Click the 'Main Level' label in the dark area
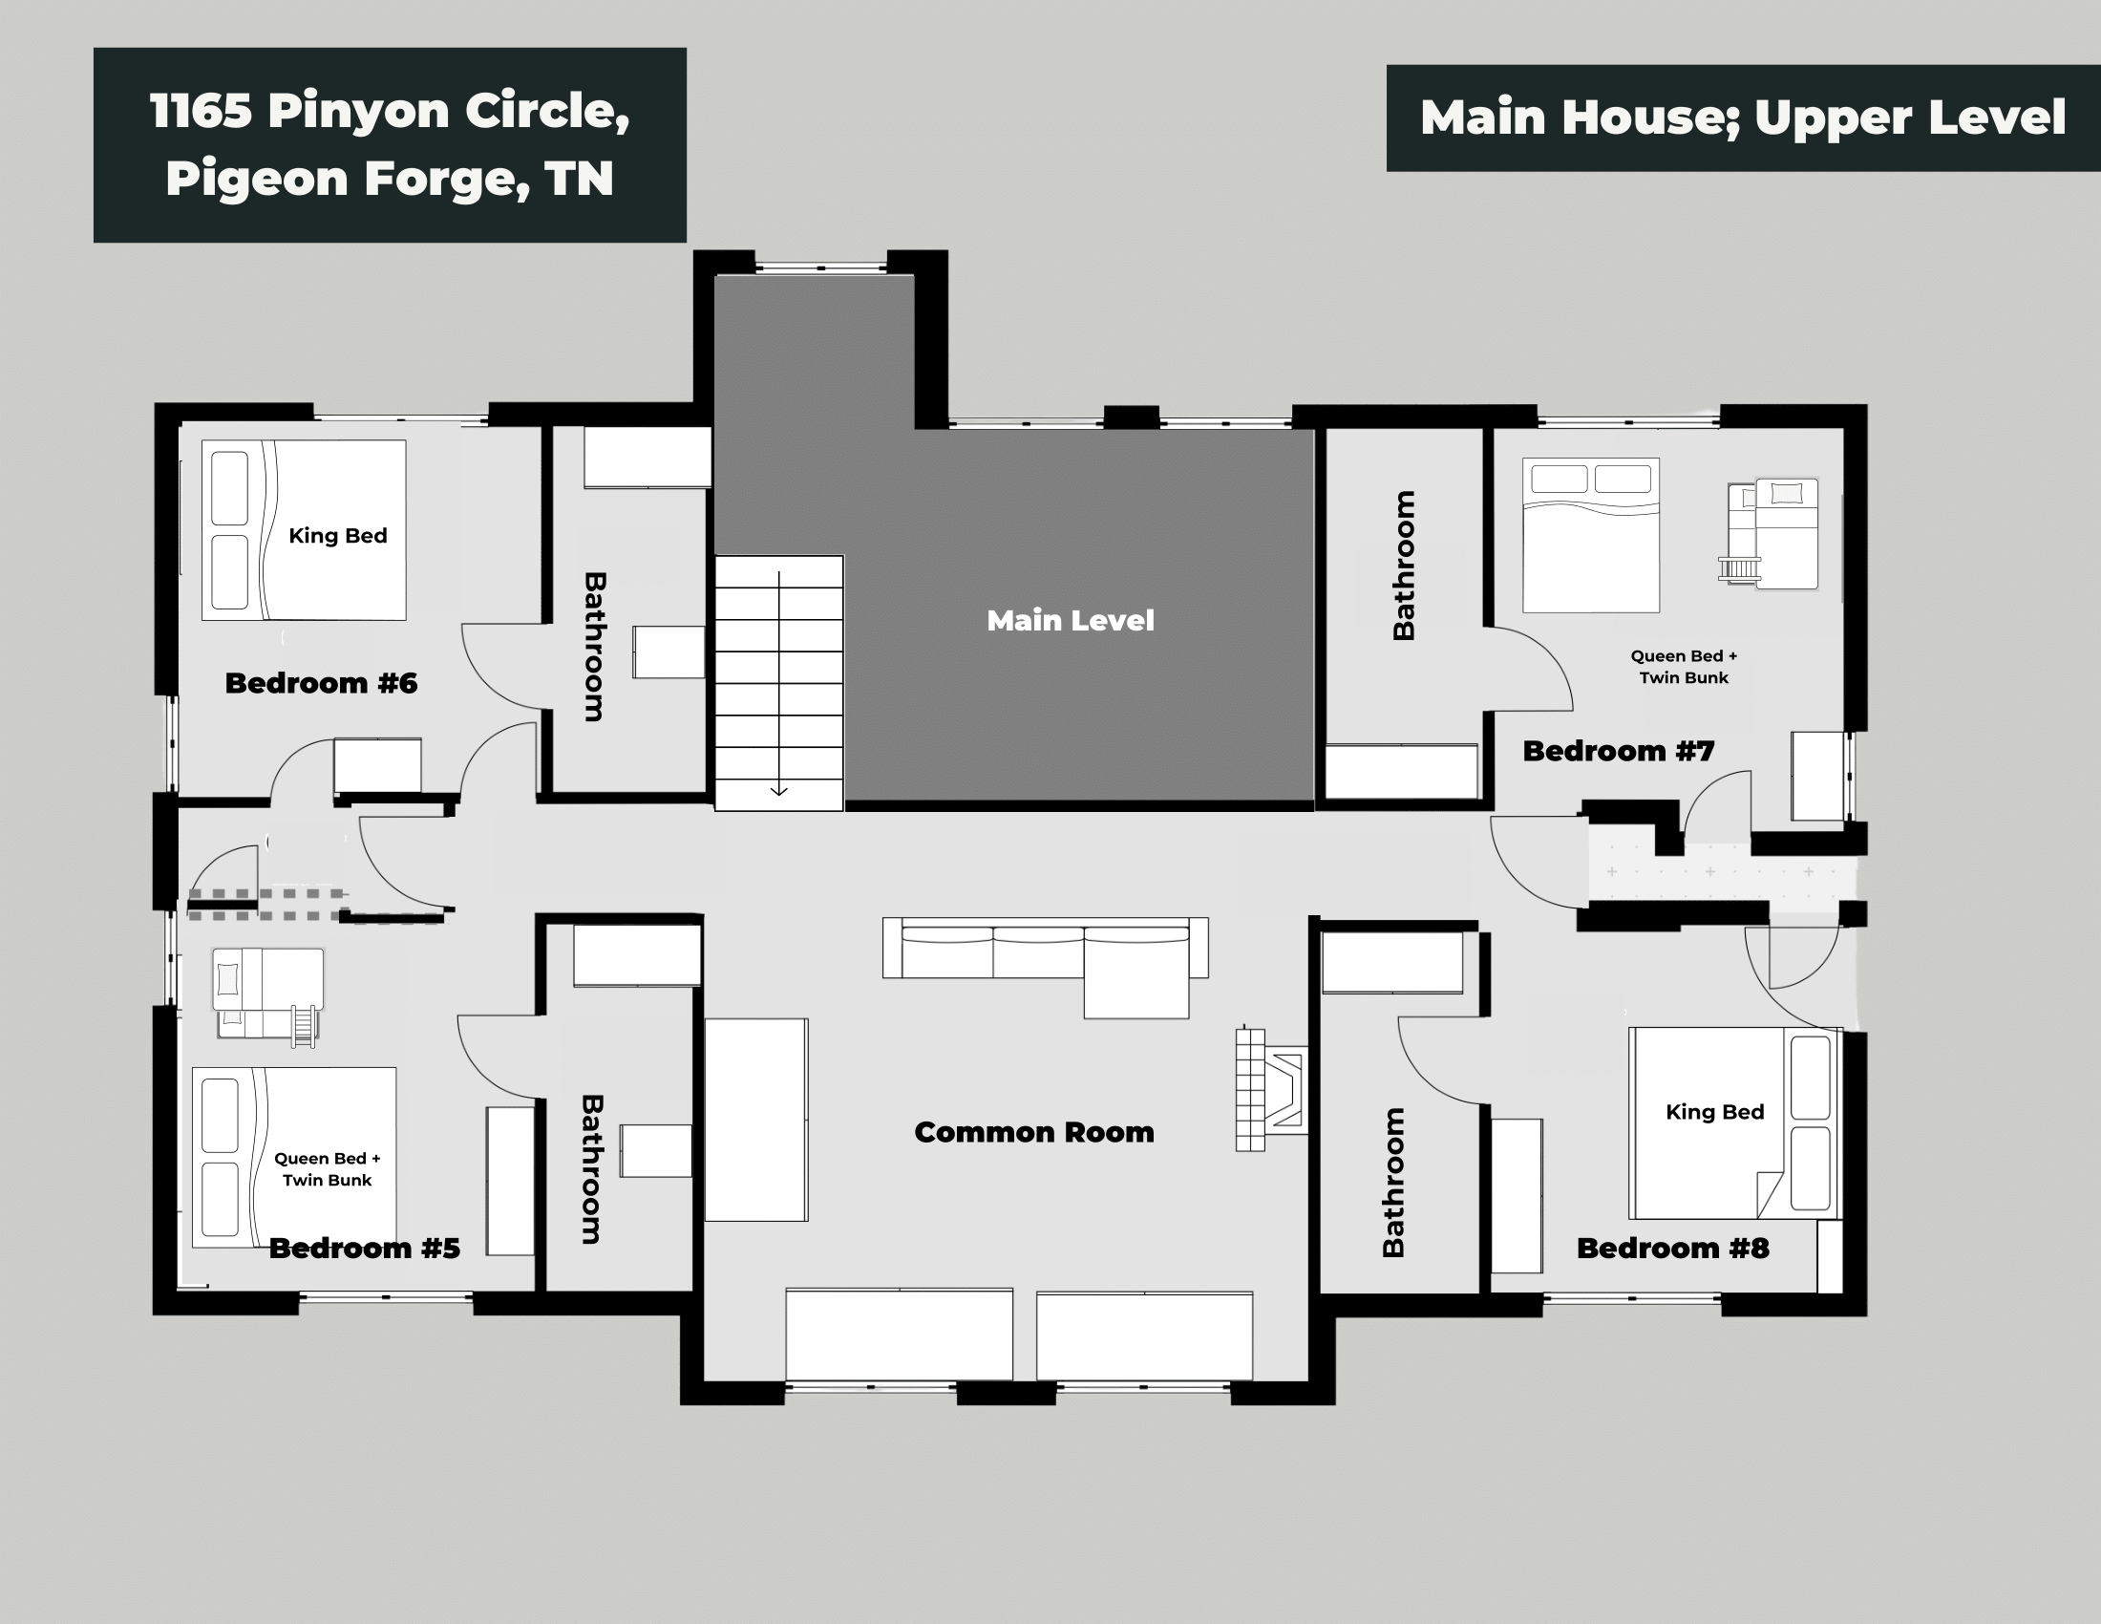tap(1070, 621)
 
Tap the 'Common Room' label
tap(1033, 1132)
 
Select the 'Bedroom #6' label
tap(320, 683)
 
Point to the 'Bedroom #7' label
tap(1618, 751)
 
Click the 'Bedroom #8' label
tap(1672, 1248)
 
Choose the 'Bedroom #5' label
tap(364, 1248)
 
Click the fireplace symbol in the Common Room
tap(1272, 1089)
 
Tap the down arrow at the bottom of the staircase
tap(779, 790)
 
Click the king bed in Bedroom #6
tap(304, 530)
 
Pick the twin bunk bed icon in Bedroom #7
tap(1771, 533)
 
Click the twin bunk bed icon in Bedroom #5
tap(266, 993)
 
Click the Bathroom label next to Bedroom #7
tap(1404, 565)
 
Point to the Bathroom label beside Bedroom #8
tap(1392, 1183)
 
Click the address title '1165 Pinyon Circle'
tap(390, 111)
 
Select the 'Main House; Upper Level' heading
tap(1742, 118)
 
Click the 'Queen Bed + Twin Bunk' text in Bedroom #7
tap(1684, 667)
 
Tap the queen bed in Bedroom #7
tap(1590, 535)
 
